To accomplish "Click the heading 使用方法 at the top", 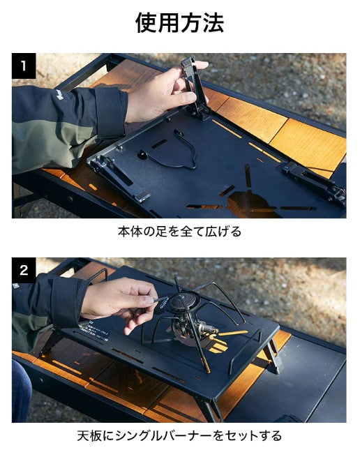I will (179, 22).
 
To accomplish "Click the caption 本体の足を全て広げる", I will (179, 232).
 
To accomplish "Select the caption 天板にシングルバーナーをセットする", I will (179, 436).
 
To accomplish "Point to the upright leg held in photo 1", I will (195, 87).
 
